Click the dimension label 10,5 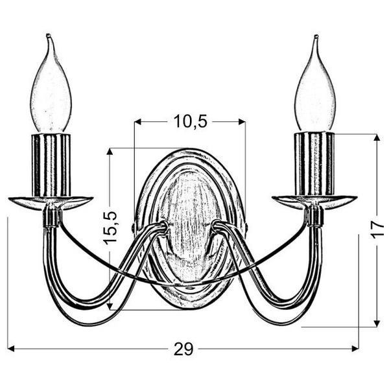tap(190, 122)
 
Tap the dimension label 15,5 tap(110, 228)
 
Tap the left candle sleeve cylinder tap(51, 165)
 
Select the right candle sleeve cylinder tap(314, 164)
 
